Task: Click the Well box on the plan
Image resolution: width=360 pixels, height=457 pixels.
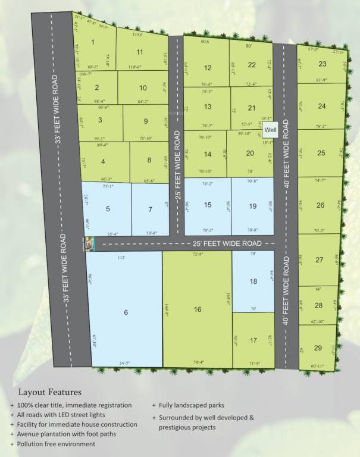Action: pos(271,129)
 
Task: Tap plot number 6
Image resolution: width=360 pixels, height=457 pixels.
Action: pos(126,312)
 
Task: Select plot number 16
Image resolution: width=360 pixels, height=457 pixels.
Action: pos(198,309)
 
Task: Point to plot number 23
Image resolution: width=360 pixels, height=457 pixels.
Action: pos(323,64)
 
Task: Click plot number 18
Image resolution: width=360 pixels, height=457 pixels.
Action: pos(253,281)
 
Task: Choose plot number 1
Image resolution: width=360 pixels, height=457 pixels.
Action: pos(93,42)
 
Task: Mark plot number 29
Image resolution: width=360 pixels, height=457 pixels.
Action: pos(318,348)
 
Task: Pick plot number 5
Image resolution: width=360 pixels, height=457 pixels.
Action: pos(108,209)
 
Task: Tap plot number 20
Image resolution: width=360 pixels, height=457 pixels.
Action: pos(250,153)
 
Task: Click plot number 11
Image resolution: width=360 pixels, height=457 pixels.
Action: pos(140,52)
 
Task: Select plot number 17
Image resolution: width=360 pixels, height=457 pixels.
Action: pos(253,340)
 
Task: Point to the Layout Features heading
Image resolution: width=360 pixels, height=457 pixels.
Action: pos(50,392)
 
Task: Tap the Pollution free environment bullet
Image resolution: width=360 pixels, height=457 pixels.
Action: pos(57,444)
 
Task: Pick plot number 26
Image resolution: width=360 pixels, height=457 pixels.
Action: pos(321,205)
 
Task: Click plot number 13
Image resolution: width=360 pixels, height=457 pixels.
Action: pos(207,107)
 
